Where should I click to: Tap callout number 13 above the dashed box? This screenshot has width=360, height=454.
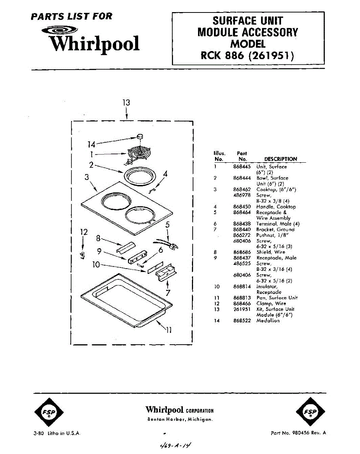(x=126, y=103)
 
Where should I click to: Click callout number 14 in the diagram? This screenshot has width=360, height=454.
(x=91, y=144)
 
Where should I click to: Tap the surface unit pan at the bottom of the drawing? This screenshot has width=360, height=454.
(x=125, y=299)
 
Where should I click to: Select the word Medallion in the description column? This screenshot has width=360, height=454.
(x=268, y=320)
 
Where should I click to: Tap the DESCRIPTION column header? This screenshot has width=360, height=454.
(x=280, y=159)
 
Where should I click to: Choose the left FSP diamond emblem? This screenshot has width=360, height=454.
(x=49, y=412)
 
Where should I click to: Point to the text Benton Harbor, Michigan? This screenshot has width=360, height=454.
(x=180, y=420)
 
